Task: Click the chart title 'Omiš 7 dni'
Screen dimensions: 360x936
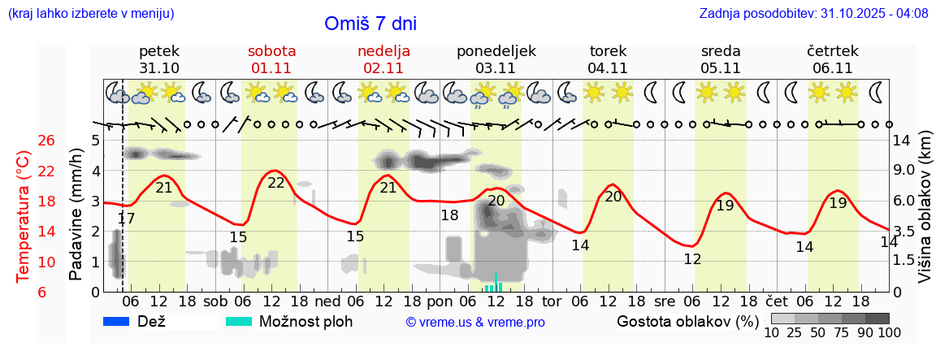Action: [370, 24]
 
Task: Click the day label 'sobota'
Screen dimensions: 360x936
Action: [271, 51]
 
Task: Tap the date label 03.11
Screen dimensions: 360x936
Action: [496, 67]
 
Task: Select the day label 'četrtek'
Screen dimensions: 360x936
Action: [832, 51]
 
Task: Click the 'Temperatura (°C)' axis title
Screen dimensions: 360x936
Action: [24, 215]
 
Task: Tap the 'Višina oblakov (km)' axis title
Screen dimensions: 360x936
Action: [925, 215]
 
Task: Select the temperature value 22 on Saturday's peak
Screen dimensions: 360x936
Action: [276, 183]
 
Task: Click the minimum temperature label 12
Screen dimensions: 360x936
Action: [692, 259]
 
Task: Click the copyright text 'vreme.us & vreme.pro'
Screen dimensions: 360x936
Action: [474, 322]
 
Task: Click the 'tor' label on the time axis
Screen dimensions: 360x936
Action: [552, 301]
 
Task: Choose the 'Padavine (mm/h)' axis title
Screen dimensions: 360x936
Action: [76, 215]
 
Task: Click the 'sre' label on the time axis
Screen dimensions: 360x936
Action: [665, 301]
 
